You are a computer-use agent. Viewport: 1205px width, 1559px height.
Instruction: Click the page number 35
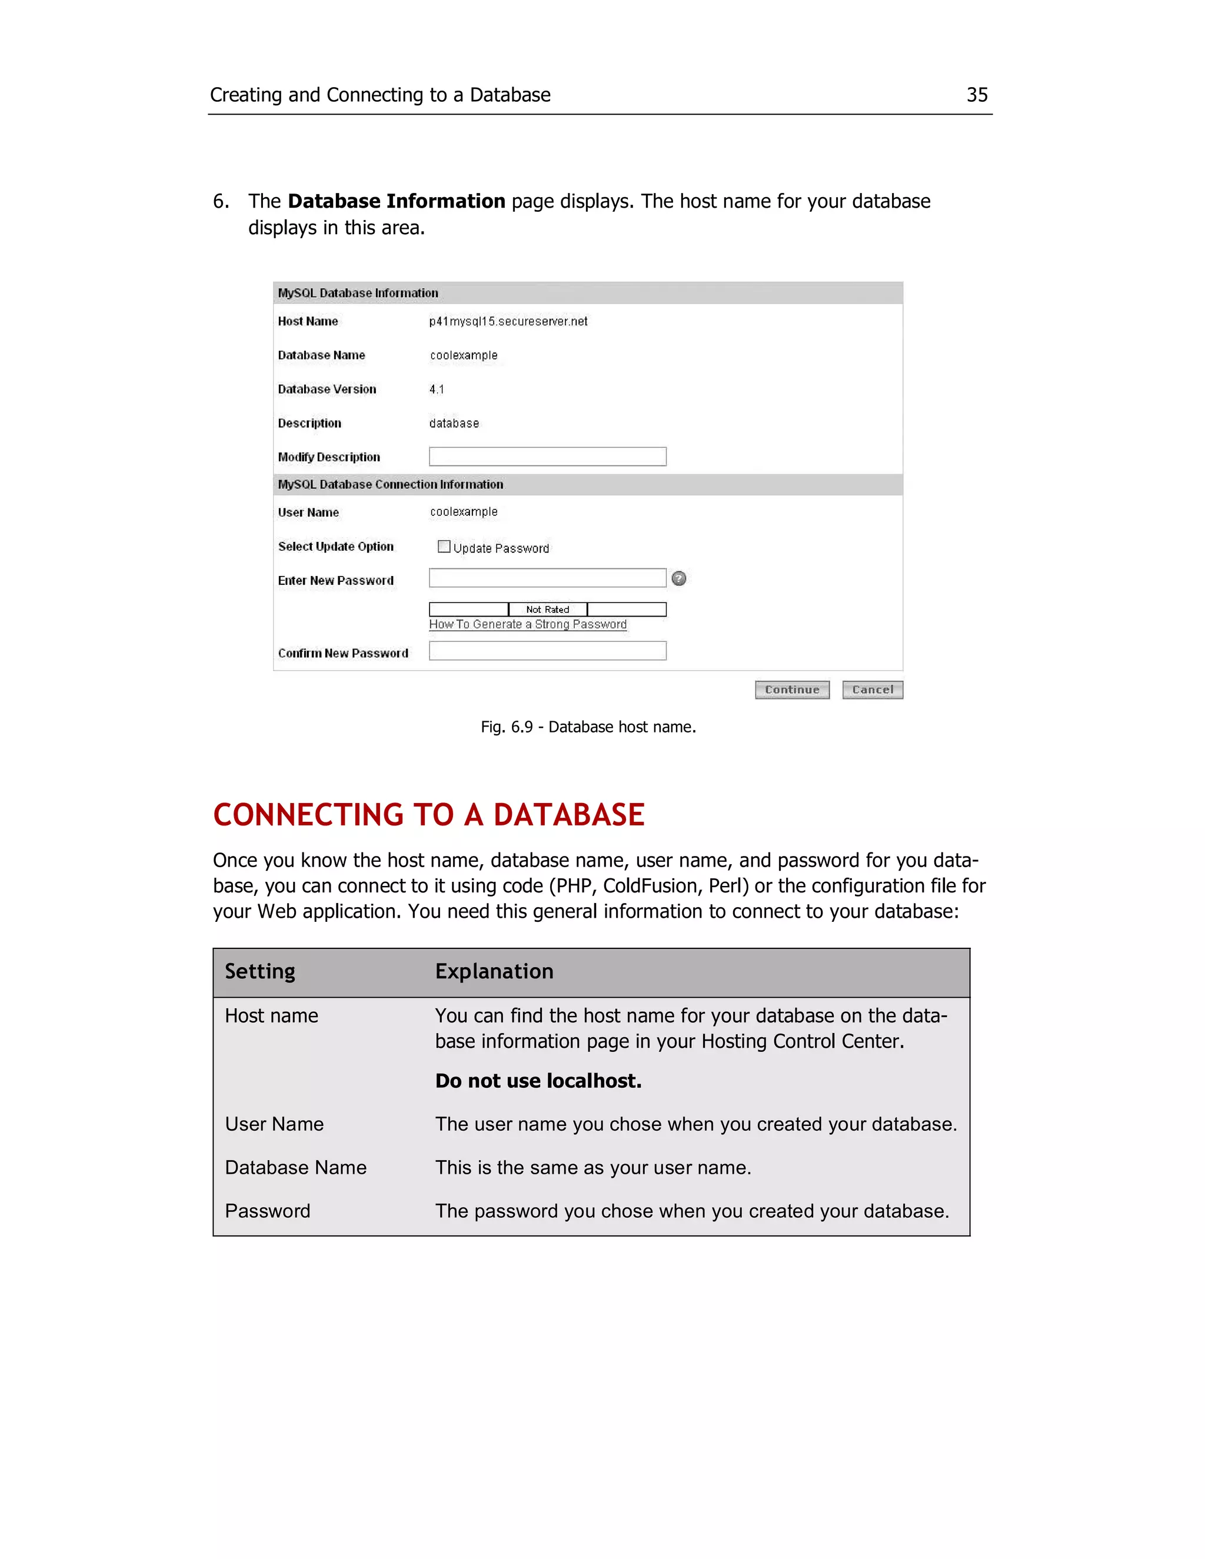[x=977, y=95]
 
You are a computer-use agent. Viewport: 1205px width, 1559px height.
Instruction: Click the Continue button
[x=792, y=689]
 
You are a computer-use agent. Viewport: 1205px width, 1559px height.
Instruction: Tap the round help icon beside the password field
[x=679, y=578]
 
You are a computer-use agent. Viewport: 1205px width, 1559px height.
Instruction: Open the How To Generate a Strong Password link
[x=528, y=625]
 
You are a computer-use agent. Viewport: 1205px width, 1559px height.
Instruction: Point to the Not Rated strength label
[x=548, y=609]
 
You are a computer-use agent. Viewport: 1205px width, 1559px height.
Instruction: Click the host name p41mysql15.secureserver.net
[x=508, y=321]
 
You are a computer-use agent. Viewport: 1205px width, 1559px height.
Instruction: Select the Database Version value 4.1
[x=436, y=389]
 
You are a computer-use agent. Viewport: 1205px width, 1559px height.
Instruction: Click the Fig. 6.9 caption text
[x=588, y=727]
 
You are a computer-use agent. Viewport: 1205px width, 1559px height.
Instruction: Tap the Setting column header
[x=260, y=971]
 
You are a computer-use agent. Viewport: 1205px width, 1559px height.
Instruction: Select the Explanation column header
[x=494, y=971]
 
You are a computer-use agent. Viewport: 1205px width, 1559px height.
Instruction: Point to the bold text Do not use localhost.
[x=538, y=1081]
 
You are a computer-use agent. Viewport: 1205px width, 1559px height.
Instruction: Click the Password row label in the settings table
[x=268, y=1211]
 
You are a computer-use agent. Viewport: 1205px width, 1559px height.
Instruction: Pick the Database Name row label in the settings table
[x=295, y=1167]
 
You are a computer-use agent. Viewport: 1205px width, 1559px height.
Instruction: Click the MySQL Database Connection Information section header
[x=391, y=485]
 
